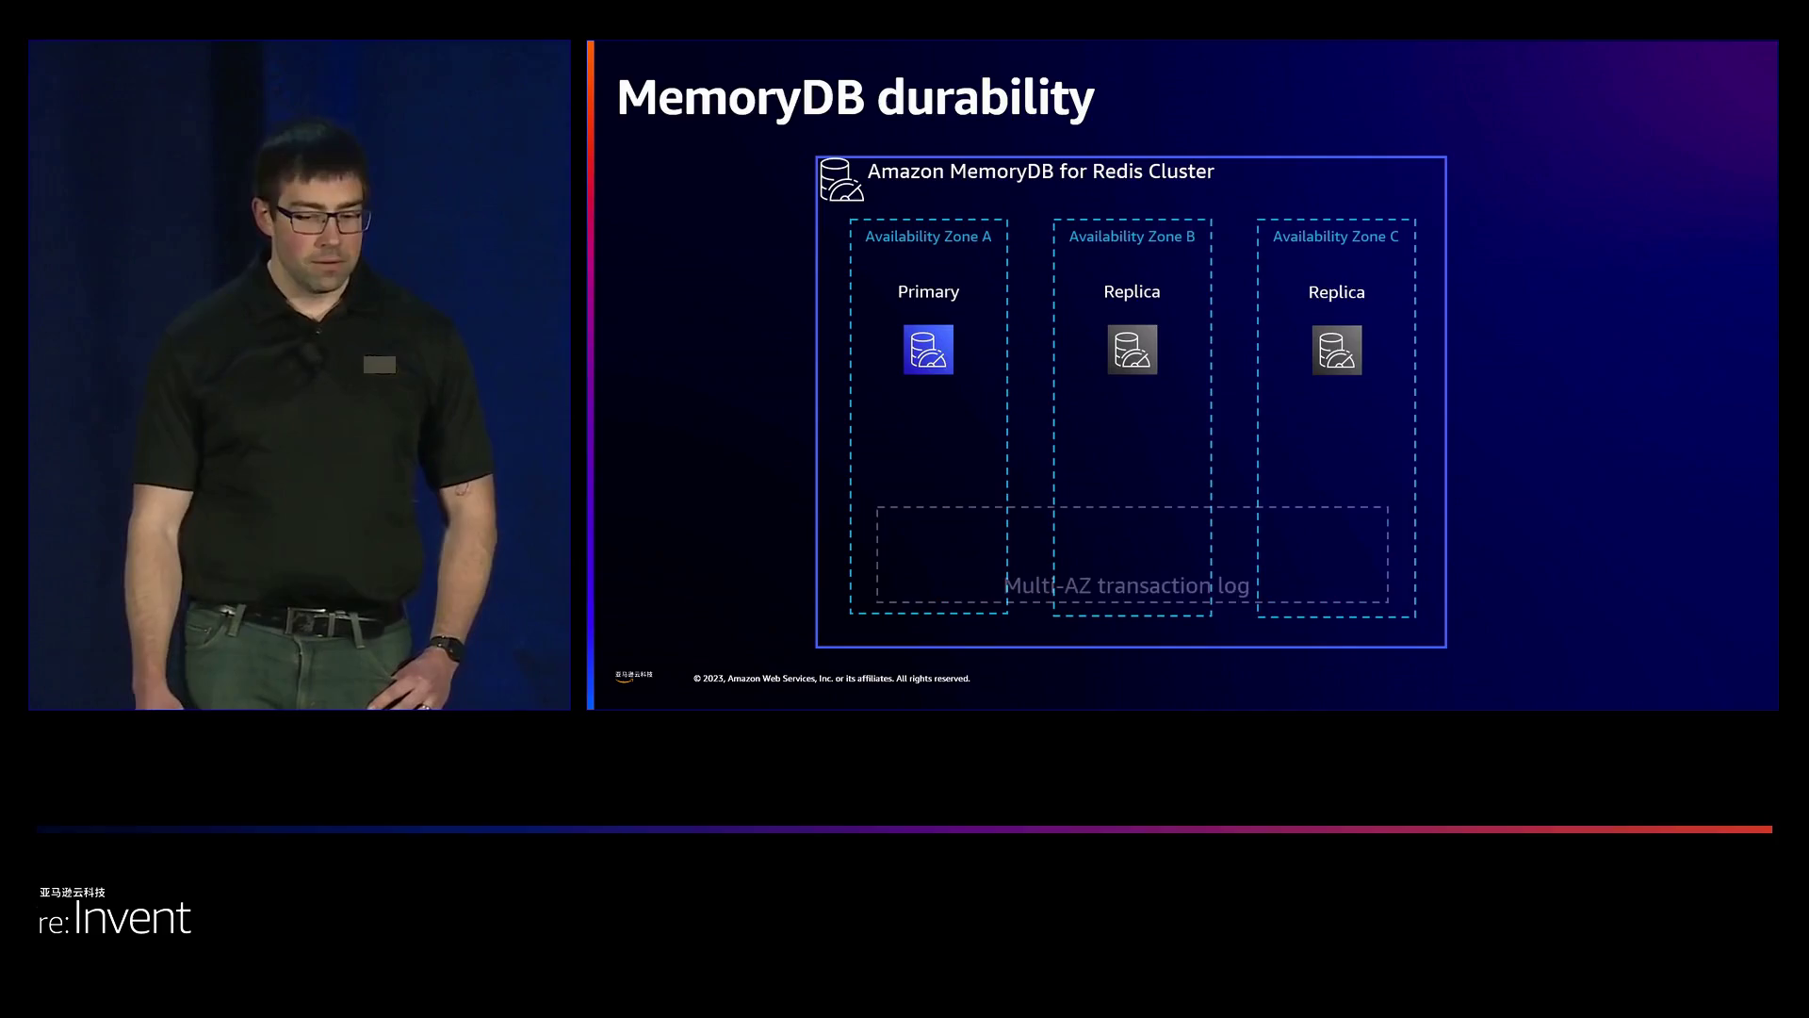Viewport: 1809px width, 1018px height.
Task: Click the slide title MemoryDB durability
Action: click(855, 97)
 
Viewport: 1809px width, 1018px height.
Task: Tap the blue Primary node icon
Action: click(928, 350)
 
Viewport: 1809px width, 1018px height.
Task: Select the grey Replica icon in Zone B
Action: click(1132, 350)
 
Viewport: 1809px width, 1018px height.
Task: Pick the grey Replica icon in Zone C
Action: click(1336, 351)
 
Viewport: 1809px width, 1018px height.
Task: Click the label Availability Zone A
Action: click(928, 237)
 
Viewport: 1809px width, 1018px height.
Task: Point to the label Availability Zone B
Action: click(1132, 237)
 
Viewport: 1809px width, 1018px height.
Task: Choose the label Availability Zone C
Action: click(1335, 237)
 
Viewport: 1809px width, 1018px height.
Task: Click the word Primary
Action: click(928, 292)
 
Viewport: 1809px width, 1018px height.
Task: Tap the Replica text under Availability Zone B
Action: click(1132, 292)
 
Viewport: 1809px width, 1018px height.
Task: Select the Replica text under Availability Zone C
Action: click(1336, 293)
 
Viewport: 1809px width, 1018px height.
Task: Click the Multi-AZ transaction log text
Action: click(1126, 586)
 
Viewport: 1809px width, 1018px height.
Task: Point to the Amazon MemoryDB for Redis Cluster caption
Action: click(1040, 172)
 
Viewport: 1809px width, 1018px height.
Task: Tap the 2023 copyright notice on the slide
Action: click(831, 679)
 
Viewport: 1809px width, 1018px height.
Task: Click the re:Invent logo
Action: click(115, 916)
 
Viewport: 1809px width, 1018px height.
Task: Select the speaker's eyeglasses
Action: click(318, 221)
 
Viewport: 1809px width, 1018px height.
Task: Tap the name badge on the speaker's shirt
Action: click(379, 365)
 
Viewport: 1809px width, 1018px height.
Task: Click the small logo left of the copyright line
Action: click(633, 676)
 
